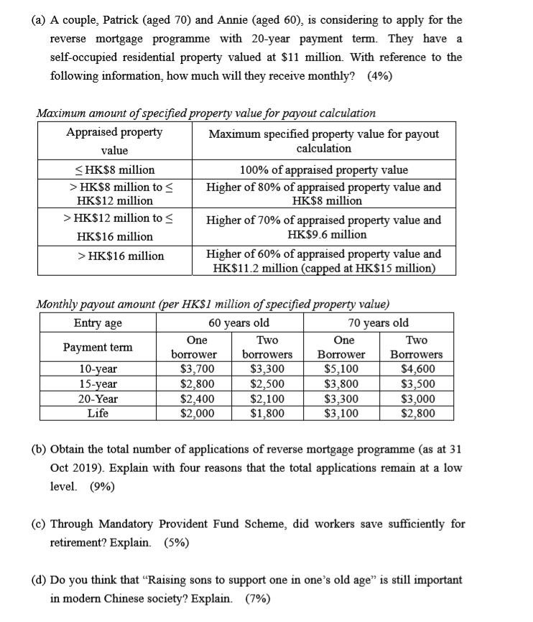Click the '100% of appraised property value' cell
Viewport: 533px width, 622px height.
[323, 170]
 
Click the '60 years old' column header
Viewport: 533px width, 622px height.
[239, 322]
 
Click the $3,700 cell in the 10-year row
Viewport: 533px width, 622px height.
[197, 371]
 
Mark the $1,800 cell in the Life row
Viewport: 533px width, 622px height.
[267, 413]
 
